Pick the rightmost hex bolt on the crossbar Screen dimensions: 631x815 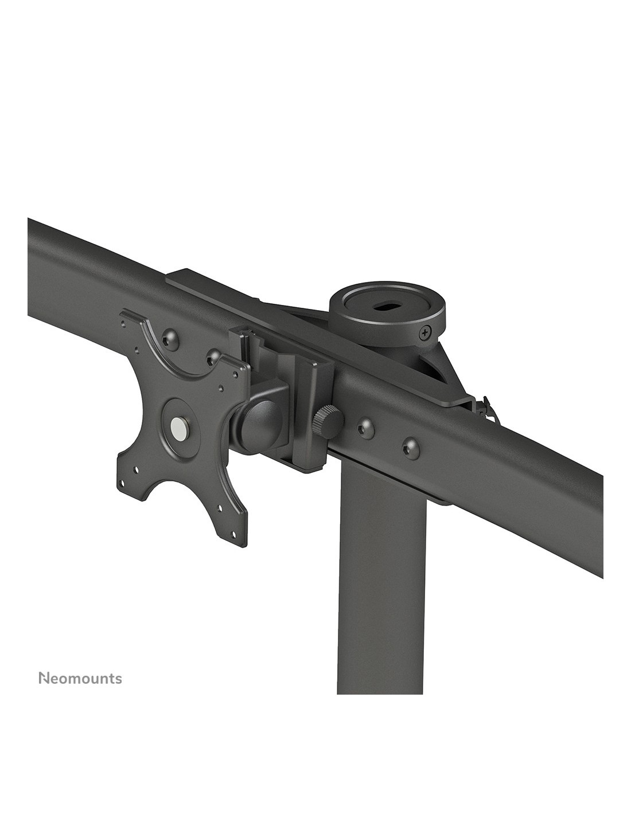pos(410,448)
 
